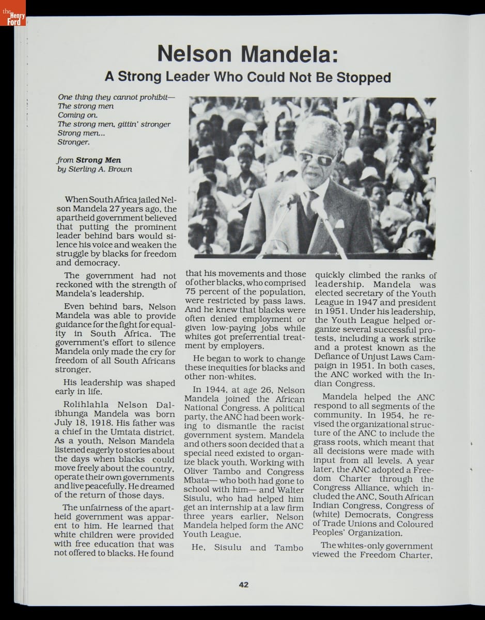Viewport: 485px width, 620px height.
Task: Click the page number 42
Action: tap(244, 585)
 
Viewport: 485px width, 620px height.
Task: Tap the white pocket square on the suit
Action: tap(339, 223)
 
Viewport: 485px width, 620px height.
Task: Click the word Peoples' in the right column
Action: tap(329, 533)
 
